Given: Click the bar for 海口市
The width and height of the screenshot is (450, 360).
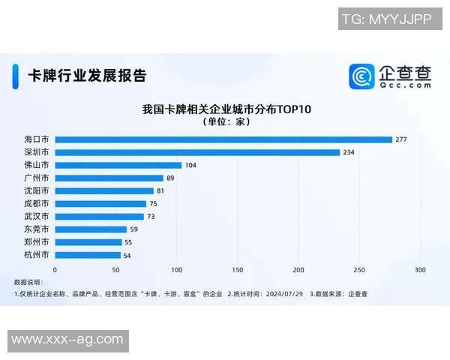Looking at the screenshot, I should click(x=223, y=139).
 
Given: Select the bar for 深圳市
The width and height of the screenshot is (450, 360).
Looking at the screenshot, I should click(x=197, y=152).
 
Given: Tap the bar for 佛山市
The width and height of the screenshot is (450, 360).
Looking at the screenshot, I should click(x=118, y=165).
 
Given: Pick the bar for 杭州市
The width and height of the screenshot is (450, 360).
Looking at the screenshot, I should click(x=88, y=255).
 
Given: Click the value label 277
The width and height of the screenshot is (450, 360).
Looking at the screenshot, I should click(x=400, y=139).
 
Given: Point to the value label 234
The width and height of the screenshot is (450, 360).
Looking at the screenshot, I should click(x=349, y=152).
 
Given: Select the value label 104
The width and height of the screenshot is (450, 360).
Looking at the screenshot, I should click(x=190, y=165).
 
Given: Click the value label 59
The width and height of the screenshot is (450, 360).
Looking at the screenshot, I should click(x=135, y=229).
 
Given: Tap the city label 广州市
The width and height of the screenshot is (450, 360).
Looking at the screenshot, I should click(x=37, y=178).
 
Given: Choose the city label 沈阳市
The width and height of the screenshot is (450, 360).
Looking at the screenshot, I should click(x=37, y=190).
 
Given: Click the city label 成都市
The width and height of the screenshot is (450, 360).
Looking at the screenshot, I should click(x=37, y=203).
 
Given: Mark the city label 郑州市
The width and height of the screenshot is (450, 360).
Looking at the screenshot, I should click(x=37, y=242).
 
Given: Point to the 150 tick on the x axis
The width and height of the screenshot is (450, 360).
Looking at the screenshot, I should click(x=238, y=269).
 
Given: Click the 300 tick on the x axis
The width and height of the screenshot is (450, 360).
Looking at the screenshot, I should click(x=420, y=269).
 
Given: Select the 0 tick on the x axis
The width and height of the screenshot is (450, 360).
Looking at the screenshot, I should click(x=55, y=269).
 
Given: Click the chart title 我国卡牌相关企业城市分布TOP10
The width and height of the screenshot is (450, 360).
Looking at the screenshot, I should click(x=226, y=109).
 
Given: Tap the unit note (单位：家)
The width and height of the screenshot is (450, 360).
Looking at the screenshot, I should click(x=226, y=122).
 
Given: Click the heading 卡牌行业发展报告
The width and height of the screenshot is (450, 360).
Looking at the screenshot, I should click(x=87, y=76).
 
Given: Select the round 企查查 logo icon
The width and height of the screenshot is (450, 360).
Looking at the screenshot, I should click(x=361, y=76).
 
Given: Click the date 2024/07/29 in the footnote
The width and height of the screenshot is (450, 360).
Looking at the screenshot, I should click(x=284, y=294).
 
